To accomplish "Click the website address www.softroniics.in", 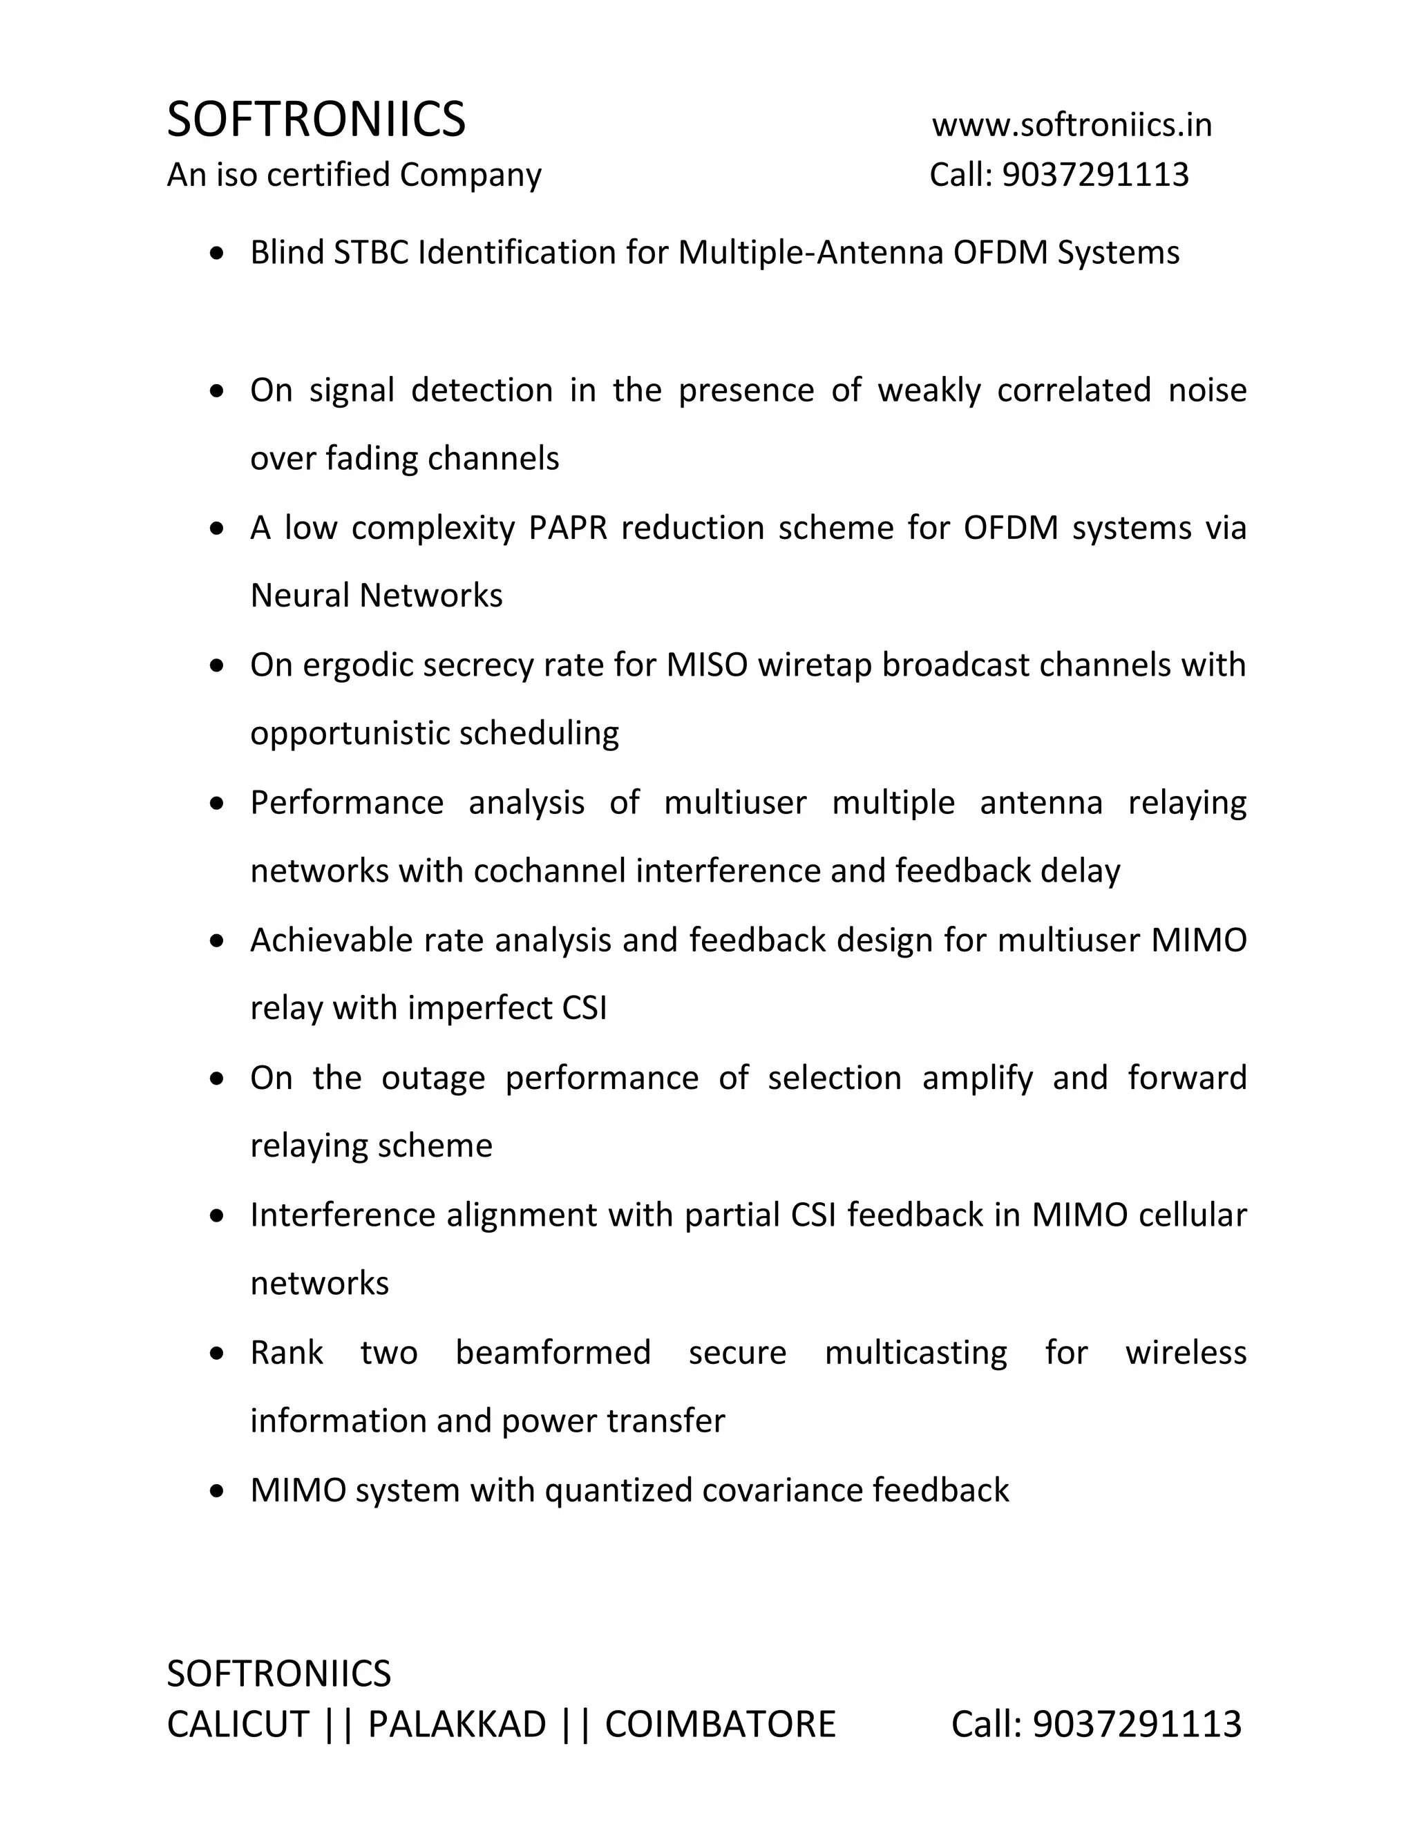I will tap(1072, 125).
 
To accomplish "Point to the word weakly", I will tap(929, 390).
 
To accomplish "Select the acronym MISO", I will tap(707, 665).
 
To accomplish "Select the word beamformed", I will tap(553, 1352).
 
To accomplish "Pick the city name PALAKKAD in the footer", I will tap(457, 1725).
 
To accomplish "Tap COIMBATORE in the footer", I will tap(720, 1725).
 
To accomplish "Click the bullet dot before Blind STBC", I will tap(217, 253).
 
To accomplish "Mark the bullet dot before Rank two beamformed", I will tap(217, 1353).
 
